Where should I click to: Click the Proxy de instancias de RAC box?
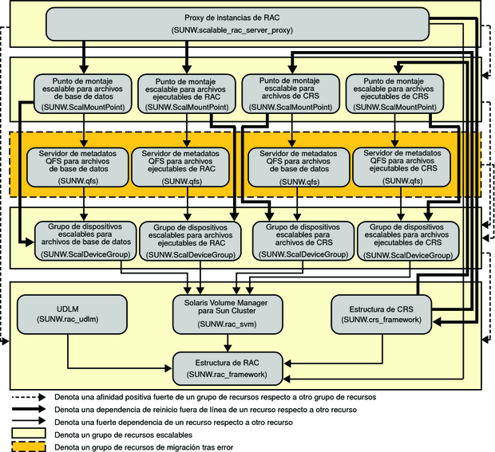click(x=237, y=24)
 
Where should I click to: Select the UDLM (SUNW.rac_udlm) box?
click(x=72, y=314)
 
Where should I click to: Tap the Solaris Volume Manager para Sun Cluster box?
click(x=228, y=314)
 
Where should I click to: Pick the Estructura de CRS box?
click(x=382, y=314)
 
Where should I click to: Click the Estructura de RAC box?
click(x=228, y=368)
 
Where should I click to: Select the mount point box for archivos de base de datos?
click(x=83, y=93)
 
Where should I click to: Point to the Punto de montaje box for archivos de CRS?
click(x=291, y=93)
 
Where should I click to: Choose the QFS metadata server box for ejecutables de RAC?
click(x=180, y=167)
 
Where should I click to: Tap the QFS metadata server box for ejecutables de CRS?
click(x=402, y=167)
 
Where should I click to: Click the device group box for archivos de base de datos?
click(x=85, y=241)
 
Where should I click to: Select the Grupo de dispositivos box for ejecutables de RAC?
click(x=190, y=241)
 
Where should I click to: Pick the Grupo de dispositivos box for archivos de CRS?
click(x=303, y=241)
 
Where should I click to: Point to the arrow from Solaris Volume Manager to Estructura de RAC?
click(x=228, y=343)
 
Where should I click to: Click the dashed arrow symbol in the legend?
click(x=29, y=397)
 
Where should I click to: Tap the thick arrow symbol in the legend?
click(x=29, y=409)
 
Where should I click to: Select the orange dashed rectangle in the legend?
click(x=29, y=447)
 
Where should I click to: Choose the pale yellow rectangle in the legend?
click(x=29, y=434)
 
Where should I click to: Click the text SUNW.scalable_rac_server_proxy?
click(x=232, y=30)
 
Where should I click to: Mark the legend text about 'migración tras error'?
click(x=144, y=447)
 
